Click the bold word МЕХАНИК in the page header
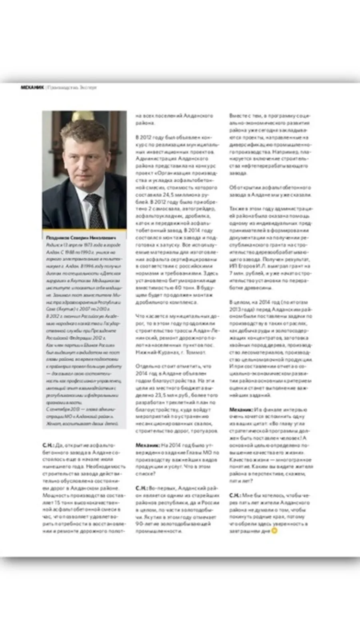pyautogui.click(x=32, y=87)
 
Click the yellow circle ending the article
pyautogui.click(x=274, y=531)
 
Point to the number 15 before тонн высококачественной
pyautogui.click(x=57, y=502)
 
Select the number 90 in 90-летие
pyautogui.click(x=140, y=524)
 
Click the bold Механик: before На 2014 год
pyautogui.click(x=147, y=445)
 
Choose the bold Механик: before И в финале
pyautogui.click(x=241, y=409)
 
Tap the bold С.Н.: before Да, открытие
pyautogui.click(x=48, y=445)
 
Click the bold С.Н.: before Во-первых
pyautogui.click(x=141, y=488)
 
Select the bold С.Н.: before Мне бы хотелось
pyautogui.click(x=235, y=495)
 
